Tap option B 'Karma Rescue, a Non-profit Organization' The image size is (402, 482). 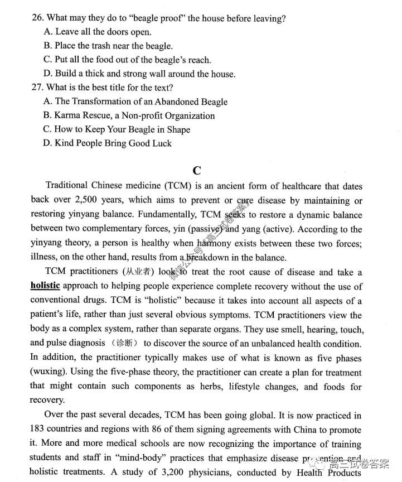pyautogui.click(x=129, y=115)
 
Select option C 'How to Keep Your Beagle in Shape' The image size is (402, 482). pyautogui.click(x=117, y=129)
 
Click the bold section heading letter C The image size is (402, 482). pyautogui.click(x=196, y=170)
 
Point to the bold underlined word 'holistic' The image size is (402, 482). pyautogui.click(x=45, y=286)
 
